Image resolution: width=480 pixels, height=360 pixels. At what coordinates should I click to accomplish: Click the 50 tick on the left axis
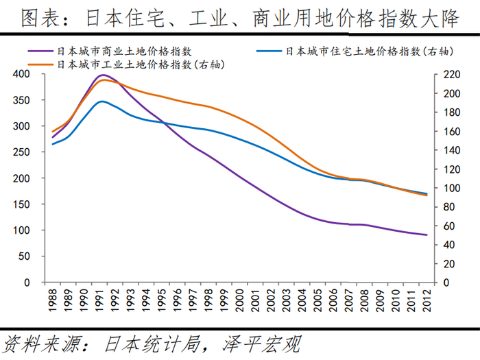tap(24, 256)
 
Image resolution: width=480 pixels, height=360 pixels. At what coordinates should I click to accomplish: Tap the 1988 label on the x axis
tap(53, 300)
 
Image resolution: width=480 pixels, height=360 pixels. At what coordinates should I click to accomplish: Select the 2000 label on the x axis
tap(239, 300)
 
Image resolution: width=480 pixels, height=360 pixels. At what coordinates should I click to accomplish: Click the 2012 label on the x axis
tap(427, 300)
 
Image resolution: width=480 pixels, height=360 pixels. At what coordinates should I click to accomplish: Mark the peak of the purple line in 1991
tap(103, 75)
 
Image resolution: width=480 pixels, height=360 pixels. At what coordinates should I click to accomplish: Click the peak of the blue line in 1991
tap(102, 101)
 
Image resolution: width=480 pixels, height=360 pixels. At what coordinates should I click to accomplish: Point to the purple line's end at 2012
tap(427, 235)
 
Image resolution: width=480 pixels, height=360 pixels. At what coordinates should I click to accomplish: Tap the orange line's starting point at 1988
tap(53, 131)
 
